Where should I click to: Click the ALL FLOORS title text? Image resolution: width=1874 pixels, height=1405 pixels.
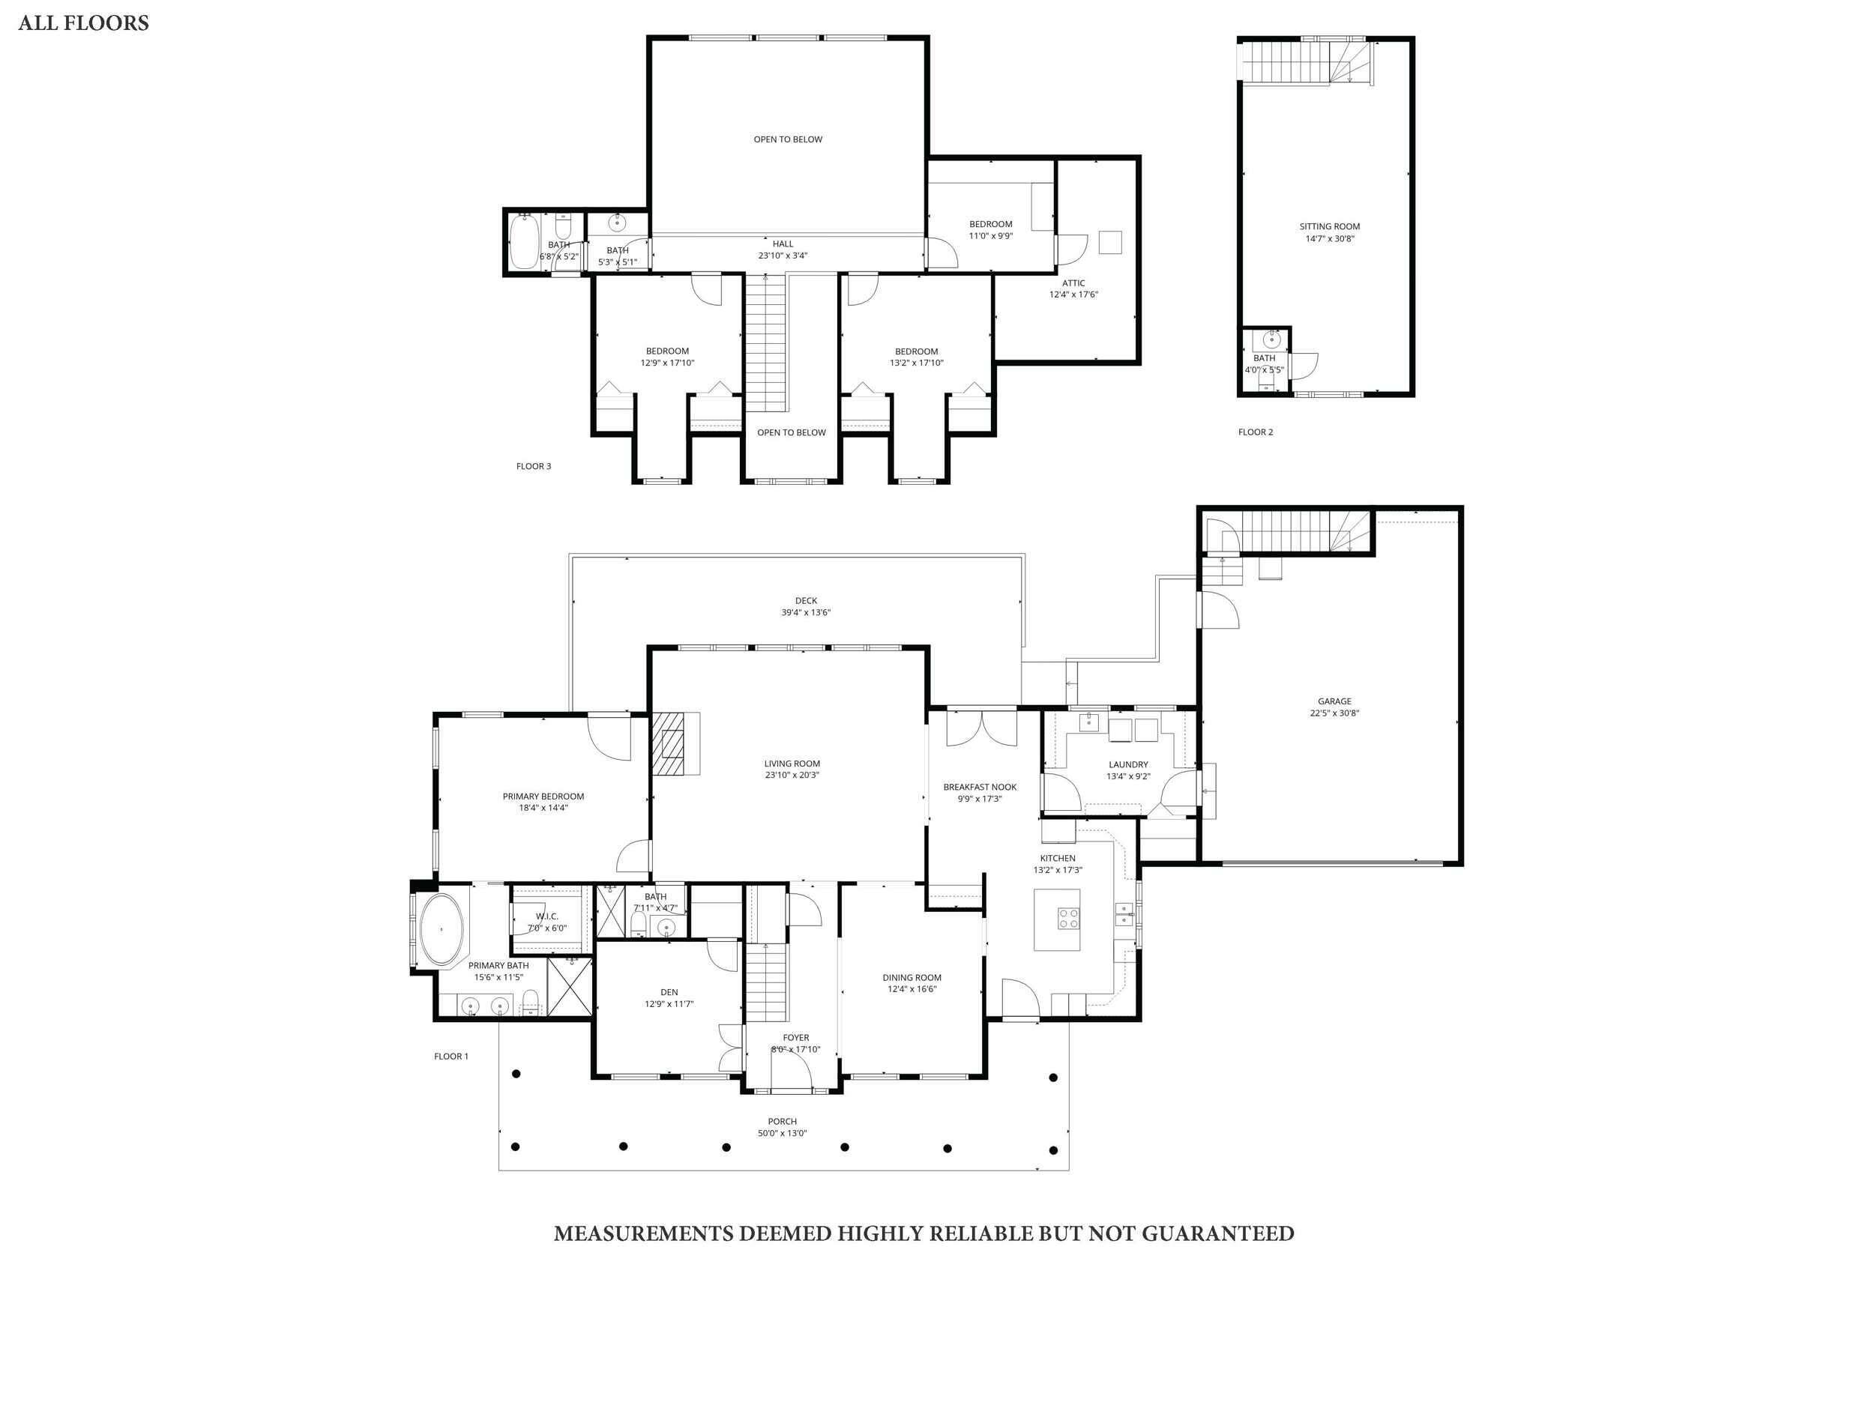coord(83,23)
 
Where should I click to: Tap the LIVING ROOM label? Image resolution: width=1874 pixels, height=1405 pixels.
coord(792,763)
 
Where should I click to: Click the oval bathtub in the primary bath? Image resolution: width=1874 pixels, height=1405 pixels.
coord(442,929)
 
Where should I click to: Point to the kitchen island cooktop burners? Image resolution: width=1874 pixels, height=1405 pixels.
coord(1068,918)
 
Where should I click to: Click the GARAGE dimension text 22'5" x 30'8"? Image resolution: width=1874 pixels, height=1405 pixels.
coord(1334,713)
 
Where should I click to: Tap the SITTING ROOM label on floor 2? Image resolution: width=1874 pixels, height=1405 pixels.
coord(1329,226)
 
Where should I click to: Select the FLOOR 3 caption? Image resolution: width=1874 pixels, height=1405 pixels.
coord(534,466)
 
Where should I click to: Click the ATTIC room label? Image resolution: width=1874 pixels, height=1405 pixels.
coord(1073,282)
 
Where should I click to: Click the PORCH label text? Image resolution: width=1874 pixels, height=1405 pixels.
coord(782,1121)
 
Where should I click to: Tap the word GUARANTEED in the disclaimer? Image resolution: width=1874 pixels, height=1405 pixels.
coord(1217,1233)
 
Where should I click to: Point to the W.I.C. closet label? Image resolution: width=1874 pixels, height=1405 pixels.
coord(546,916)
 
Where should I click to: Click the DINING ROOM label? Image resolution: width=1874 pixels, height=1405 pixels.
coord(912,977)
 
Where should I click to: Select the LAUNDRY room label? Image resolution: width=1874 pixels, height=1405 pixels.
coord(1127,764)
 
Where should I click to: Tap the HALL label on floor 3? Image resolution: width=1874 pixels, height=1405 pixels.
coord(783,244)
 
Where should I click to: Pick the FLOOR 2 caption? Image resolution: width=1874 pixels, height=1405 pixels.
coord(1255,432)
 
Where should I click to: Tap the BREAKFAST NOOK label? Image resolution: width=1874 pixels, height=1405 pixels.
coord(980,787)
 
